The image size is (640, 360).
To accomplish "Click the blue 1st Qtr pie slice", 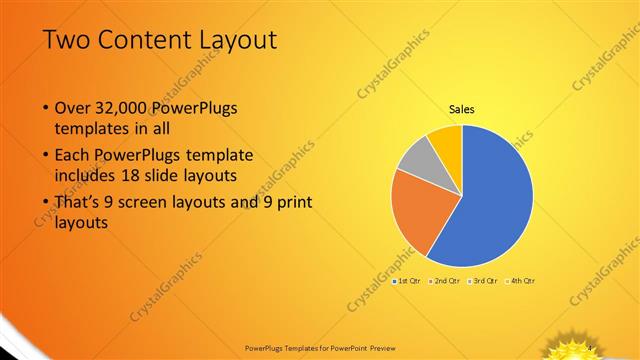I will click(x=495, y=200).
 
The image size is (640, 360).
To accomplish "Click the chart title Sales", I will click(x=461, y=109).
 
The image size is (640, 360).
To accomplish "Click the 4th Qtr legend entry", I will click(x=521, y=281).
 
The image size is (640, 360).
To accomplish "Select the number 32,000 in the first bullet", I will click(x=119, y=108).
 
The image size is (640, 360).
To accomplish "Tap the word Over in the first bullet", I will click(x=71, y=108).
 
